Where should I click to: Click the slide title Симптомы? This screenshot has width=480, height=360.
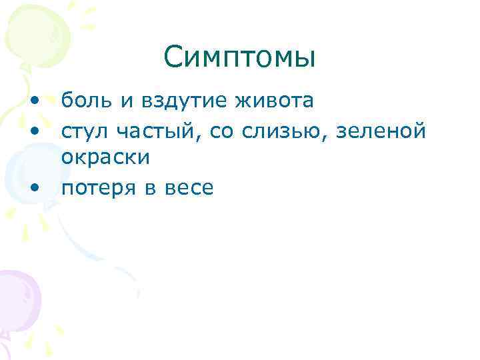coord(239,57)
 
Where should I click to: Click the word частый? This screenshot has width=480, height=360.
coord(161,132)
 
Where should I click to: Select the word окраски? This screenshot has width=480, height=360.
coord(105,157)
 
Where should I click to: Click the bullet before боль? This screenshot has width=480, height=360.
coord(33,101)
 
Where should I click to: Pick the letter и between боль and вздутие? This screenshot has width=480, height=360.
coord(127,102)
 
